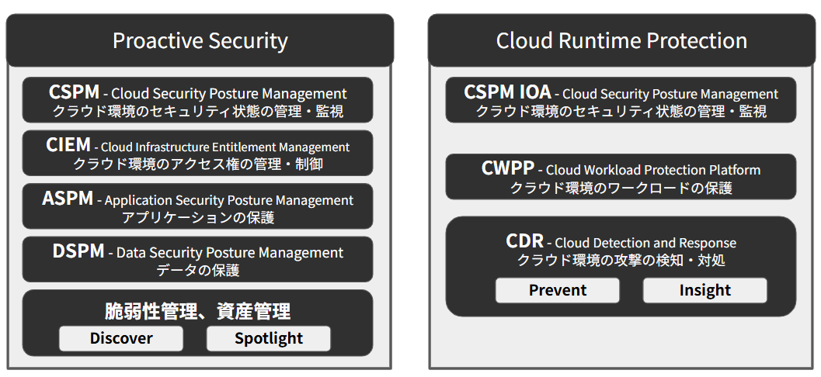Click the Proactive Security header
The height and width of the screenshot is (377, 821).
pyautogui.click(x=200, y=40)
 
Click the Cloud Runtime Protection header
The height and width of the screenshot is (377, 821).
pyautogui.click(x=621, y=40)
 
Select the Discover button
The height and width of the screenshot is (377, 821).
pyautogui.click(x=121, y=338)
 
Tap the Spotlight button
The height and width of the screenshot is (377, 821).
pyautogui.click(x=269, y=338)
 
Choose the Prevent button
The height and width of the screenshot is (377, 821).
pyautogui.click(x=558, y=290)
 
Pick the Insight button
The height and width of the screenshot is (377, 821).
pyautogui.click(x=704, y=290)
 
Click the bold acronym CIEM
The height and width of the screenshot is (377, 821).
pyautogui.click(x=68, y=145)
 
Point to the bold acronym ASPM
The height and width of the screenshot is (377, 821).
pyautogui.click(x=68, y=199)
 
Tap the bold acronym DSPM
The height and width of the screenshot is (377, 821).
pyautogui.click(x=78, y=251)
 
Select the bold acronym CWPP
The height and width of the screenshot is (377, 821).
pyautogui.click(x=508, y=168)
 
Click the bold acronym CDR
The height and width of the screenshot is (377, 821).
pyautogui.click(x=524, y=242)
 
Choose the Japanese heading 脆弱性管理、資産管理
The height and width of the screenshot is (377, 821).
pyautogui.click(x=197, y=312)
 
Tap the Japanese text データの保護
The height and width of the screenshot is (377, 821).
pyautogui.click(x=197, y=270)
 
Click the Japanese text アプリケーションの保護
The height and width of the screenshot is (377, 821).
pyautogui.click(x=197, y=217)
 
